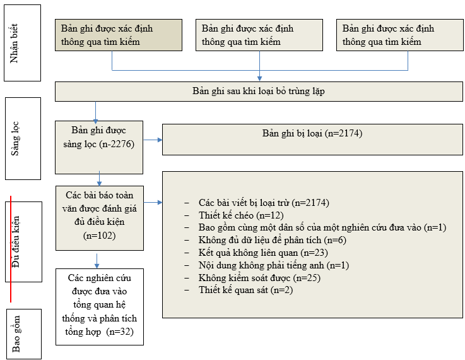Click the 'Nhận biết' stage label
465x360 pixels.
22,42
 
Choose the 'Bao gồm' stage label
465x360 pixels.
22,333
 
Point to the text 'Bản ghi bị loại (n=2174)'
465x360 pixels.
312,134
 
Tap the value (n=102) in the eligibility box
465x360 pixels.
99,235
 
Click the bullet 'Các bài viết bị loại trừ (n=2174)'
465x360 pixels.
264,203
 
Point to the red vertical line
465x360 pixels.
12,249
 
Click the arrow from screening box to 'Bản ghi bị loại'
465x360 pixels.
153,140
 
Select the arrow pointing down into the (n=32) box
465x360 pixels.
97,261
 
